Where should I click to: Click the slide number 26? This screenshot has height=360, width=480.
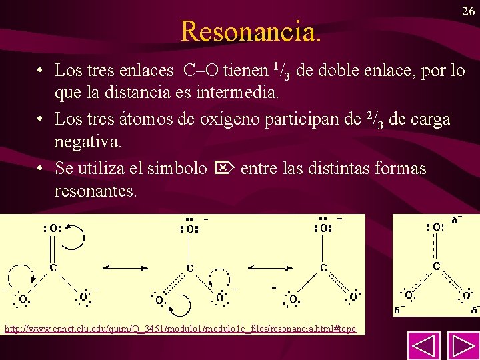[468, 11]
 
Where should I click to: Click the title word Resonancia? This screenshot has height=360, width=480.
[251, 31]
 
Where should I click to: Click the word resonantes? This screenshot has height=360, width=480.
[96, 192]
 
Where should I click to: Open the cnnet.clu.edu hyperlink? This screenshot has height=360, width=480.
[180, 329]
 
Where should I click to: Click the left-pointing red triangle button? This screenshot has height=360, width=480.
[423, 346]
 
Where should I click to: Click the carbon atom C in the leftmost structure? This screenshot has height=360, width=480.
[53, 267]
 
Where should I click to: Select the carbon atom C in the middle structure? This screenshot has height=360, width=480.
[189, 268]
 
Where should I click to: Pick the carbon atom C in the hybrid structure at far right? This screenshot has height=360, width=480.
[437, 265]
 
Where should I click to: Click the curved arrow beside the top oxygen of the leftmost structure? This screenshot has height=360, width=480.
[74, 237]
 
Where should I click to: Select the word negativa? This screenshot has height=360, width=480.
[88, 143]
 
